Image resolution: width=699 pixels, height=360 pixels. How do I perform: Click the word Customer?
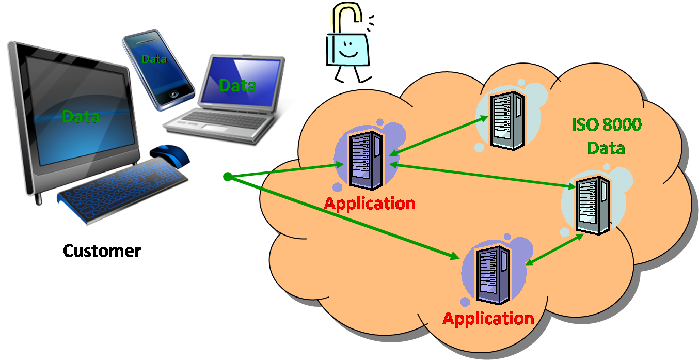click(102, 251)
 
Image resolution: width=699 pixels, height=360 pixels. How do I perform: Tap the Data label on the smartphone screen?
click(154, 59)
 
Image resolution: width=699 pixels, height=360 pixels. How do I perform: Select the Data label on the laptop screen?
click(237, 85)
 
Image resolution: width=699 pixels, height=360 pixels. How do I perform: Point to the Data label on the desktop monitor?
click(81, 117)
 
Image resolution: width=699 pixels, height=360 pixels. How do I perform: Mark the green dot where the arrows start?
click(227, 177)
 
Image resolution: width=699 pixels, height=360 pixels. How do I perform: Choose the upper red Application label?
click(370, 204)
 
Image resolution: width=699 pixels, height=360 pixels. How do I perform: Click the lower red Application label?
click(488, 318)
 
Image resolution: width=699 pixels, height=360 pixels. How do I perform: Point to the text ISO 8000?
click(606, 125)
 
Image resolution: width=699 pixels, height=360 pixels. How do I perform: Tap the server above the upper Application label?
click(366, 160)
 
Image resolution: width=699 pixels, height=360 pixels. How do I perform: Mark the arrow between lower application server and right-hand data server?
click(554, 249)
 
